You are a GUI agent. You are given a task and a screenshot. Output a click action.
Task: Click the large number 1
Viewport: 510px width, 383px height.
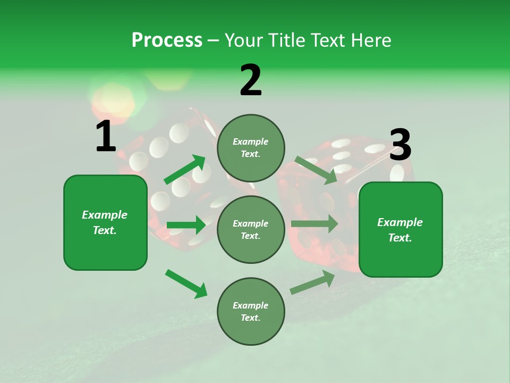click(106, 136)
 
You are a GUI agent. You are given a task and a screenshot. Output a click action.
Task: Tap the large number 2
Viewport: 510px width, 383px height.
click(251, 80)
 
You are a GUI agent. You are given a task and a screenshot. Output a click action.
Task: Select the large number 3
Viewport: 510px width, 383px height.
click(400, 145)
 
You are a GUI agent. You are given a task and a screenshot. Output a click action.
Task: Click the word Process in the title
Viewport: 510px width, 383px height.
click(167, 40)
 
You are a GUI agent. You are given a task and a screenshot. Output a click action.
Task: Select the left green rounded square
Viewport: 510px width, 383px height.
click(105, 222)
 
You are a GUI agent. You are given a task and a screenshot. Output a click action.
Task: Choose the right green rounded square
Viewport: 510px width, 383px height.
click(401, 230)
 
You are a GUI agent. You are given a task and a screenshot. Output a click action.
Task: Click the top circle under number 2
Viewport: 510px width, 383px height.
click(251, 148)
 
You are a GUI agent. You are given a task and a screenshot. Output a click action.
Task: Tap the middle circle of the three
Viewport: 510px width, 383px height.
click(251, 229)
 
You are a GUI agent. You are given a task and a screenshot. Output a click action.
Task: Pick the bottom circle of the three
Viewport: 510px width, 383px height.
click(251, 311)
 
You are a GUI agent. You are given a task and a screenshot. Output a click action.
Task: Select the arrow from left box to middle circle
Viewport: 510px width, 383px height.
click(186, 226)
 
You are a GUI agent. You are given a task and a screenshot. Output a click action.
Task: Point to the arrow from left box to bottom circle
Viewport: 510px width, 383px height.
click(186, 284)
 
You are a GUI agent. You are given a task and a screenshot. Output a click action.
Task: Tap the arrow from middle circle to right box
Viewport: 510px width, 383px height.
click(314, 223)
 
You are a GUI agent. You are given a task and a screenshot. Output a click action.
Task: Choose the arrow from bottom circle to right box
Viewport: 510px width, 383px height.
click(313, 282)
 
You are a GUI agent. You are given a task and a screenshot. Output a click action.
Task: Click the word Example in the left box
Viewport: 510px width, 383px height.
click(105, 215)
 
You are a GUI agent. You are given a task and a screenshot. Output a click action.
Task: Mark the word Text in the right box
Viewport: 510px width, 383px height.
click(399, 238)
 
